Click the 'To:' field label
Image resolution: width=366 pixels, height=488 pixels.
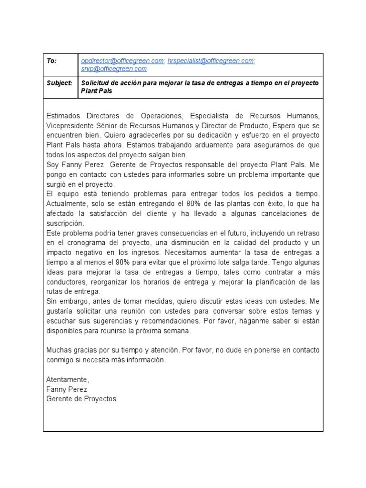click(x=51, y=61)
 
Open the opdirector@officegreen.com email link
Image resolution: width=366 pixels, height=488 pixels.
click(x=122, y=61)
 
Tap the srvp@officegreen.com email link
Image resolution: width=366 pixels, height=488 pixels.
click(x=114, y=69)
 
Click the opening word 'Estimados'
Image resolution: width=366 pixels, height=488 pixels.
click(x=64, y=116)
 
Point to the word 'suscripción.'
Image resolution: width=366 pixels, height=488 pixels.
click(x=65, y=223)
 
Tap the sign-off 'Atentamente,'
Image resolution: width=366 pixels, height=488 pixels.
click(x=67, y=380)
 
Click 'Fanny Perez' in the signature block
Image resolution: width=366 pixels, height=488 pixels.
click(x=66, y=389)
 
